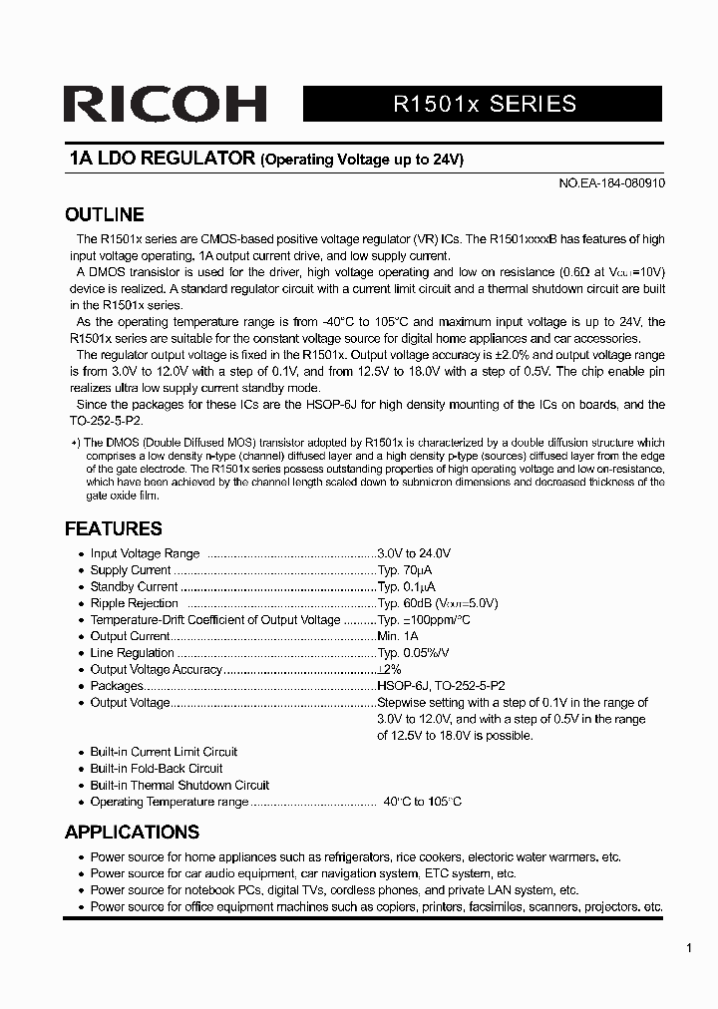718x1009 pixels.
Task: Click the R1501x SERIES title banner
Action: [x=484, y=104]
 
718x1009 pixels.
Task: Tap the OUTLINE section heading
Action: [x=105, y=214]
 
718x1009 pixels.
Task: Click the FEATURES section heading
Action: [x=114, y=528]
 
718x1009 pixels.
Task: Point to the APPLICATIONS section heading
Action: [x=133, y=832]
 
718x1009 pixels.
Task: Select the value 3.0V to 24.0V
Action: [x=414, y=553]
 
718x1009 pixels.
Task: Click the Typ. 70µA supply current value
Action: [x=405, y=570]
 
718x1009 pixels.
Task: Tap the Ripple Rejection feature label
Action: [x=135, y=603]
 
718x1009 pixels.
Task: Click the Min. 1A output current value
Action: [x=398, y=636]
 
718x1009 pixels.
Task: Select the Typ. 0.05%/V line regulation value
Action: [x=413, y=653]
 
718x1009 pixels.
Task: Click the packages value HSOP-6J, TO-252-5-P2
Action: [x=441, y=686]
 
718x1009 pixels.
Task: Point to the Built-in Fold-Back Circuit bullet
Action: [x=157, y=769]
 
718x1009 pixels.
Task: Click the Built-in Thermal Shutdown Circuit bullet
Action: [x=179, y=785]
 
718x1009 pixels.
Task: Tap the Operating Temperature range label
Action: [x=169, y=802]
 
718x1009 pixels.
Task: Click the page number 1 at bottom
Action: [x=689, y=949]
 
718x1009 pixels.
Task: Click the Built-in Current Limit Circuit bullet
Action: [x=164, y=752]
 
